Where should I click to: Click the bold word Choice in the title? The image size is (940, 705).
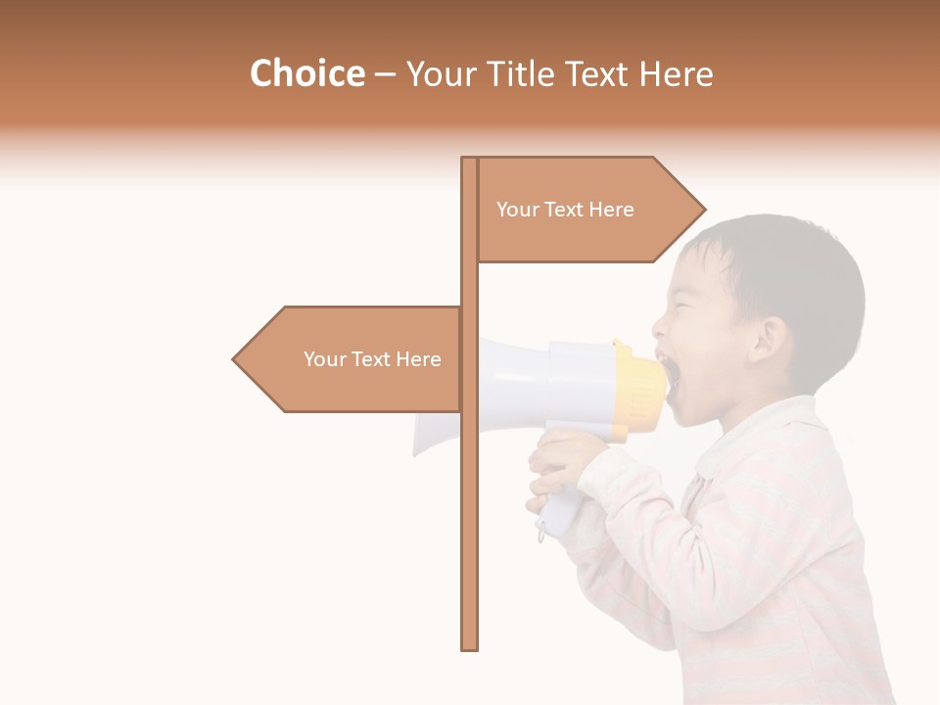pyautogui.click(x=306, y=74)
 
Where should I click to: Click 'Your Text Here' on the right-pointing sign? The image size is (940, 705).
pyautogui.click(x=565, y=210)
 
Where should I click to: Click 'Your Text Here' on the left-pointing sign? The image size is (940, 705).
pyautogui.click(x=372, y=359)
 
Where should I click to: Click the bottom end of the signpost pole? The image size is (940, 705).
pyautogui.click(x=470, y=645)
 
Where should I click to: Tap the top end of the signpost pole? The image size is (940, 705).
pyautogui.click(x=470, y=161)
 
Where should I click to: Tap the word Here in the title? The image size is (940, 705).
pyautogui.click(x=676, y=74)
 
